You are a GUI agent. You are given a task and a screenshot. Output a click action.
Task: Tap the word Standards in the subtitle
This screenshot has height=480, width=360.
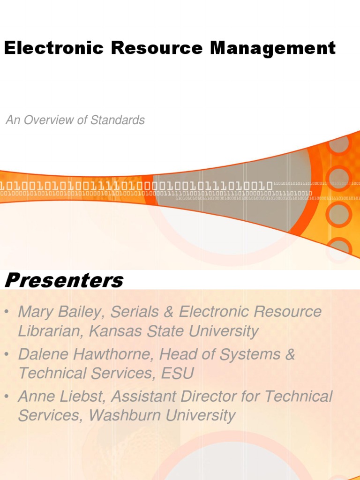pyautogui.click(x=118, y=120)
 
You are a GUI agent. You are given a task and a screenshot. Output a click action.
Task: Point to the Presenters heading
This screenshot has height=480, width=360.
pyautogui.click(x=64, y=281)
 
